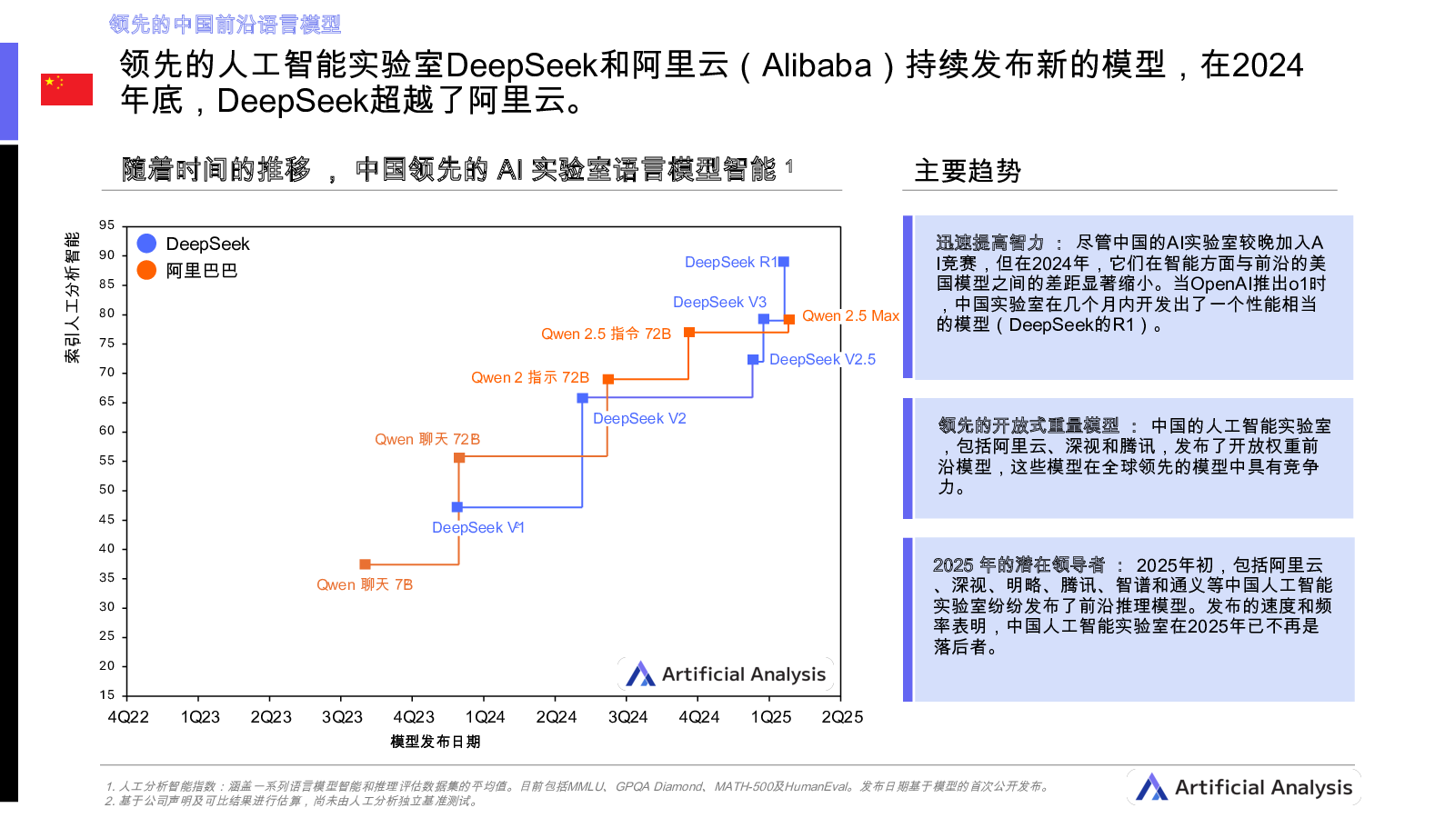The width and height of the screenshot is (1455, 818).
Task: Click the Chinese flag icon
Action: (67, 89)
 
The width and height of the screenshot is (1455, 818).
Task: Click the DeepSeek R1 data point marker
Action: (784, 262)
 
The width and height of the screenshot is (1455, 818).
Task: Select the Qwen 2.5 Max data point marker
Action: (789, 319)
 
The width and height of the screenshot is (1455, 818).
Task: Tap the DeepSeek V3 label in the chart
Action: (719, 302)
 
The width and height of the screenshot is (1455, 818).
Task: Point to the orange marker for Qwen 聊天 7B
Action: (365, 564)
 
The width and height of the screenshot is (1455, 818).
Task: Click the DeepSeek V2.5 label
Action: (822, 359)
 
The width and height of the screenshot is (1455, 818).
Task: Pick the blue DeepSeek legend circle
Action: (146, 244)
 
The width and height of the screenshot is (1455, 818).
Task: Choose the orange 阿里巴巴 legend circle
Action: (146, 270)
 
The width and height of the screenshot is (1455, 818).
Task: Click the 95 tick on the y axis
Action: (106, 225)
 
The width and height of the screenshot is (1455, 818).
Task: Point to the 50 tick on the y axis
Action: (106, 490)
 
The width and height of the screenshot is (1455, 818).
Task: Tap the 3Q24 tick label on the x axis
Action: (627, 717)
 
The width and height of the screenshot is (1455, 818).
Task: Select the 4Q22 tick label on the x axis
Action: (128, 717)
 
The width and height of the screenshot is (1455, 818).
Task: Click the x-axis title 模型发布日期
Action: (436, 742)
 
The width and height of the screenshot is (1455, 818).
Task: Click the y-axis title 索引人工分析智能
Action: (72, 297)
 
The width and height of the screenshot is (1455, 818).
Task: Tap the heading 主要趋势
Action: (968, 171)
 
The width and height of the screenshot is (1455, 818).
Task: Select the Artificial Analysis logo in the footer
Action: (1244, 787)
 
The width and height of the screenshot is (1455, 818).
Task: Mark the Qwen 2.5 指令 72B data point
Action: (690, 332)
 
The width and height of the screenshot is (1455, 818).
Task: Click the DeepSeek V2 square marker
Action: (583, 398)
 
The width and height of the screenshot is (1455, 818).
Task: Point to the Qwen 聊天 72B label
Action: (427, 440)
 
